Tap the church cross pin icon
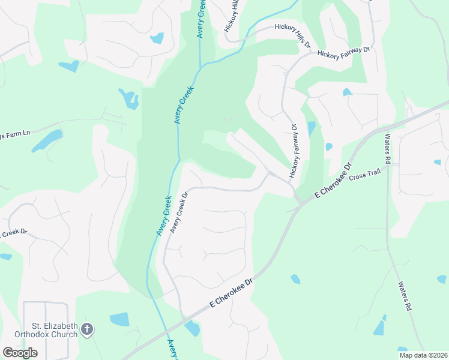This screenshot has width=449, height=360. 87,329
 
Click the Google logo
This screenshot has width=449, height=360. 20,352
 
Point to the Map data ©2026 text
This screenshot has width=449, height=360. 423,355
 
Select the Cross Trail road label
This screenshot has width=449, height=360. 366,176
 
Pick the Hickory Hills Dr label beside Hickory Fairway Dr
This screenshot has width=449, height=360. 292,35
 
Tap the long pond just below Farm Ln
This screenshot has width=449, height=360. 47,140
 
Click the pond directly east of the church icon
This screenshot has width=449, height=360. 119,319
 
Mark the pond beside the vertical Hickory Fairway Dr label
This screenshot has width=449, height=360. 311,128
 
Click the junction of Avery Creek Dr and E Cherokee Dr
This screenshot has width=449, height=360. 184,317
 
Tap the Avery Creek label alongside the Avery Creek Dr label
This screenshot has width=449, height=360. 163,214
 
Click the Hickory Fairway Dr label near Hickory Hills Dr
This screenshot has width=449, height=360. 343,53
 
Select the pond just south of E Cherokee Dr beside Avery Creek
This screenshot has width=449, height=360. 192,328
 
